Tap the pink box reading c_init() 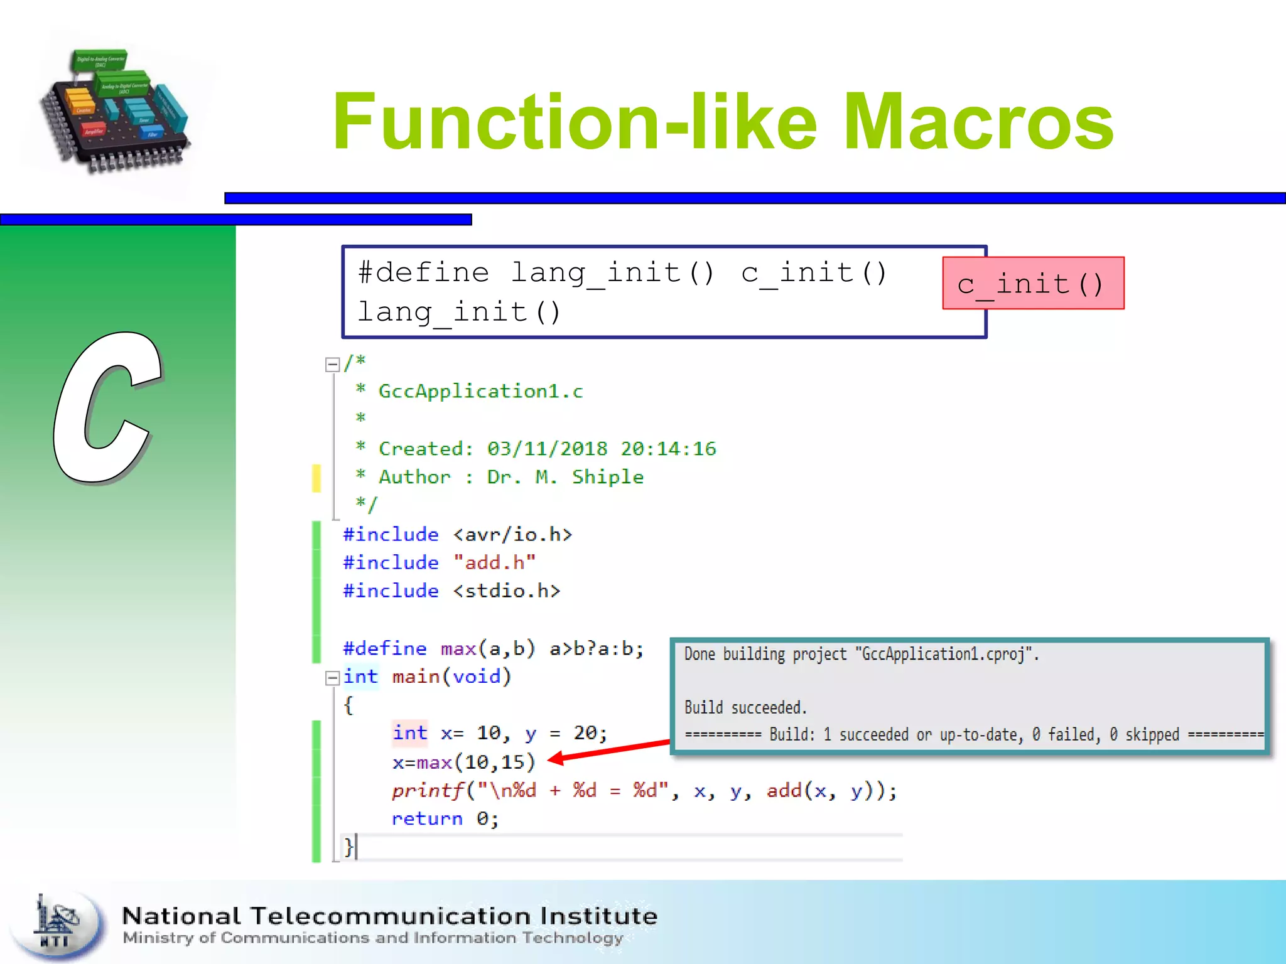tap(1033, 284)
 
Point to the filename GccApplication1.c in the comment tap(480, 392)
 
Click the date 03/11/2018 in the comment tap(547, 449)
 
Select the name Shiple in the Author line tap(607, 477)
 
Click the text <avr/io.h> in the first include tap(512, 535)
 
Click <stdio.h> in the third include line tap(506, 591)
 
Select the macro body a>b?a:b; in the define tap(597, 648)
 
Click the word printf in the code tap(427, 791)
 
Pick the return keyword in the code tap(426, 819)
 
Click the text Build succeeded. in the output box tap(745, 708)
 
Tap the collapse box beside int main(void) tap(332, 678)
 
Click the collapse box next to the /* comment tap(332, 365)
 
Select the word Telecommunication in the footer tap(391, 916)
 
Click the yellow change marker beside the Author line tap(316, 478)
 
